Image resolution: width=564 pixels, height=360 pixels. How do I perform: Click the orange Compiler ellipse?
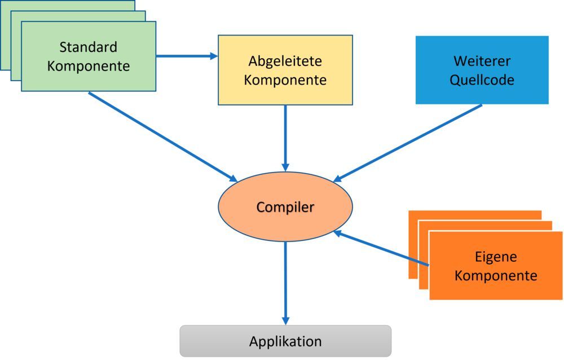coord(285,207)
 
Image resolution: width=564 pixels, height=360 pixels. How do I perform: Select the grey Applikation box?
coord(285,341)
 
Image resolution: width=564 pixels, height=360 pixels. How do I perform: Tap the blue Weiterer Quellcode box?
coord(482,70)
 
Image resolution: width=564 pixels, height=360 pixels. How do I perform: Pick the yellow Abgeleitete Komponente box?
coord(285,70)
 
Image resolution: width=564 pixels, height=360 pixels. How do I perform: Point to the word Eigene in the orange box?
coord(495,257)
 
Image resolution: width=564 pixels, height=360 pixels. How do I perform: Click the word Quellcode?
coord(482,80)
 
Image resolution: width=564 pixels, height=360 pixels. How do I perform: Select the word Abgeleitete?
coord(285,60)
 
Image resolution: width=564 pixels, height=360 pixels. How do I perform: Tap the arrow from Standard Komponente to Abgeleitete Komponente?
coord(186,56)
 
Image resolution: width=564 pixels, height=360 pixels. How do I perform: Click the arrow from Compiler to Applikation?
coord(285,282)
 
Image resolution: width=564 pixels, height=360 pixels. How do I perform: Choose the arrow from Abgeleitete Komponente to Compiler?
coord(285,138)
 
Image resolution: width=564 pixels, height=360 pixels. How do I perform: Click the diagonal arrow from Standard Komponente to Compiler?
coord(164,136)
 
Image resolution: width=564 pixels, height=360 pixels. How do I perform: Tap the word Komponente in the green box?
coord(88,66)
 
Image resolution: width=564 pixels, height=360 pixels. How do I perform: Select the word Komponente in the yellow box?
coord(285,80)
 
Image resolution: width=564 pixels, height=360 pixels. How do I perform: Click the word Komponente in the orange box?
coord(495,276)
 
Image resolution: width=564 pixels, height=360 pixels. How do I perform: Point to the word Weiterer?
coord(482,60)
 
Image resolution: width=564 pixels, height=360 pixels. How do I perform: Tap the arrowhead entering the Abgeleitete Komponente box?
coord(214,56)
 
